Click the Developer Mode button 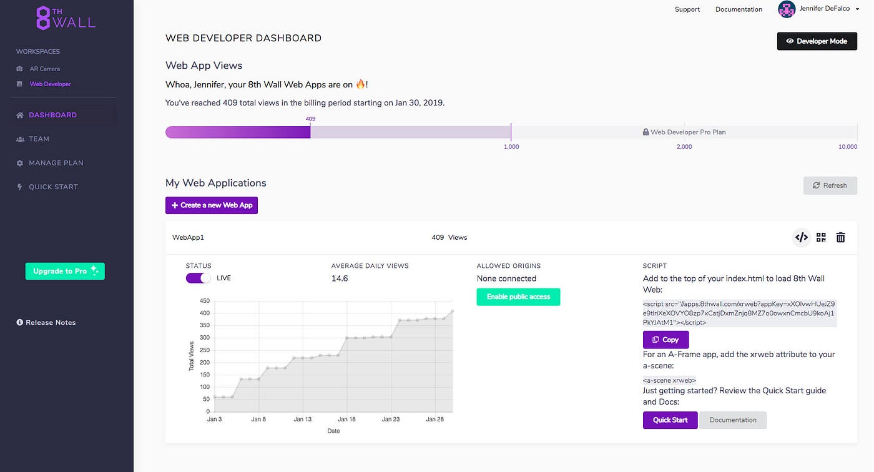click(817, 41)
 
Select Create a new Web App click(212, 205)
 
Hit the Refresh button click(830, 185)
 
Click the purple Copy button click(665, 340)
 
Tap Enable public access click(518, 297)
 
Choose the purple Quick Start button click(670, 420)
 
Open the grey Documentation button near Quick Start click(733, 420)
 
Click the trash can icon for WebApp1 click(841, 237)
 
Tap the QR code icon click(821, 237)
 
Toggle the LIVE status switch click(199, 278)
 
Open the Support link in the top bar click(687, 9)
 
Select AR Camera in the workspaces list click(45, 69)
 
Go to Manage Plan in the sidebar click(56, 163)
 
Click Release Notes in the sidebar click(50, 323)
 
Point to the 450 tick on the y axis click(205, 301)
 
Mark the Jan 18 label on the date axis click(346, 419)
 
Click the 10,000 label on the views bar click(847, 147)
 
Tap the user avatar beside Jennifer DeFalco click(786, 9)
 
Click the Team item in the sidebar click(39, 139)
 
